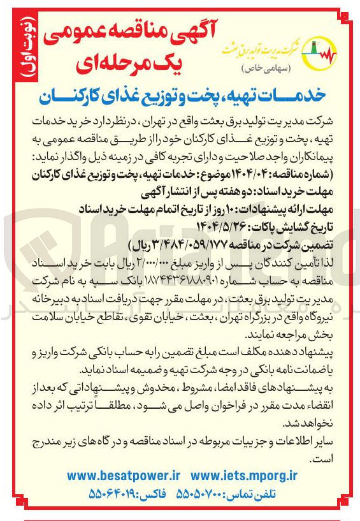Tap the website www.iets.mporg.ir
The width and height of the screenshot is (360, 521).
pos(245,475)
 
